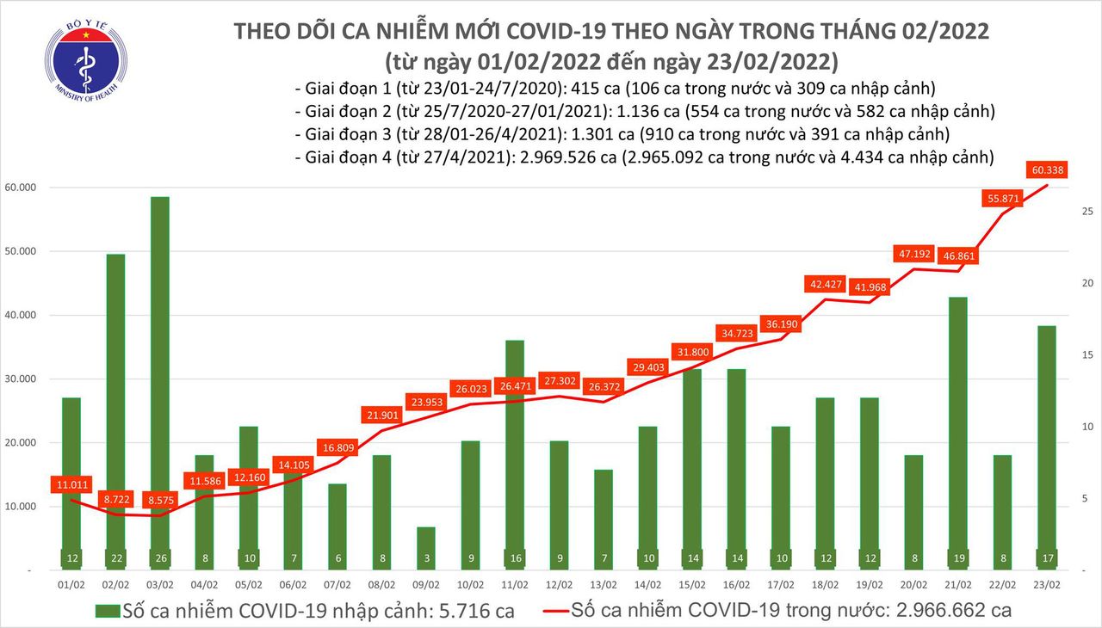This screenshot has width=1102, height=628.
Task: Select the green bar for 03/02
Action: point(159,379)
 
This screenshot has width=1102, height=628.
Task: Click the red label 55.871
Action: point(1003,199)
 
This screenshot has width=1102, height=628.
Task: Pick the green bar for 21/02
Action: point(959,430)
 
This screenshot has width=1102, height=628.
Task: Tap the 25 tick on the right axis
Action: point(1063,211)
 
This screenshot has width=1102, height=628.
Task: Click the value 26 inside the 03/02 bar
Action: point(159,557)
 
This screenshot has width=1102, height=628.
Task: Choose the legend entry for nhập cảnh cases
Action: point(305,611)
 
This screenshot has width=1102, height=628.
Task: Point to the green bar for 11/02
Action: point(515,447)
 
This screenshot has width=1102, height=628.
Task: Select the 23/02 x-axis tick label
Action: point(1047,583)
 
